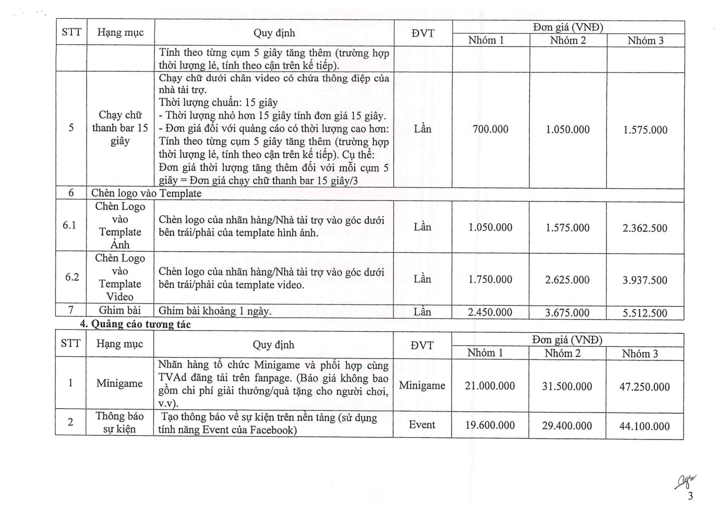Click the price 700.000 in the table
pyautogui.click(x=490, y=129)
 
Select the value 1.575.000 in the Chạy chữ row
pyautogui.click(x=645, y=130)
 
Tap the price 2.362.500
pyautogui.click(x=645, y=228)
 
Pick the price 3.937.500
pyautogui.click(x=645, y=280)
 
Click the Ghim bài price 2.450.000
pyautogui.click(x=490, y=312)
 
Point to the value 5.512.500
pyautogui.click(x=645, y=313)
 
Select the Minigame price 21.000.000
pyautogui.click(x=490, y=386)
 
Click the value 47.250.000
pyautogui.click(x=644, y=387)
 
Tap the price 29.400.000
pyautogui.click(x=567, y=426)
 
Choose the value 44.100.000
pyautogui.click(x=644, y=426)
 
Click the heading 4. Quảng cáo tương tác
pyautogui.click(x=135, y=324)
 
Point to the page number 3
pyautogui.click(x=690, y=496)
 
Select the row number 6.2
pyautogui.click(x=72, y=277)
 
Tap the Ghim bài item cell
pyautogui.click(x=120, y=310)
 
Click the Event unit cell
pyautogui.click(x=422, y=425)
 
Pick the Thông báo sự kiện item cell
pyautogui.click(x=120, y=422)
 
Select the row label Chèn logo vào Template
pyautogui.click(x=146, y=193)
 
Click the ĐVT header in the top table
pyautogui.click(x=423, y=33)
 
